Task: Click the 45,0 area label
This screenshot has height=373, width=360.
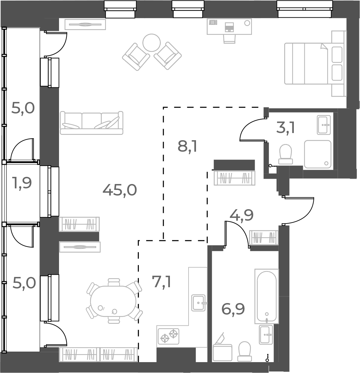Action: [120, 190]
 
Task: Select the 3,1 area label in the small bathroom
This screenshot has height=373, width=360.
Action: [285, 128]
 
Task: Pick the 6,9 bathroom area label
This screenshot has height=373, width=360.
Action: [233, 309]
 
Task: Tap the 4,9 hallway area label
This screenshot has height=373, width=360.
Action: [242, 215]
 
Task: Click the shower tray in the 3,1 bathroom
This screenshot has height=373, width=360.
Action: [317, 154]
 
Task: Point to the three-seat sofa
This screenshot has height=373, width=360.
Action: [92, 123]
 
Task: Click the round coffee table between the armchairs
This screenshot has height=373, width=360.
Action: [152, 43]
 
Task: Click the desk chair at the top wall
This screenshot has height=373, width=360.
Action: [230, 38]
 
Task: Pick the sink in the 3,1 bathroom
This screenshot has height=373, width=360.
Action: [324, 125]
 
